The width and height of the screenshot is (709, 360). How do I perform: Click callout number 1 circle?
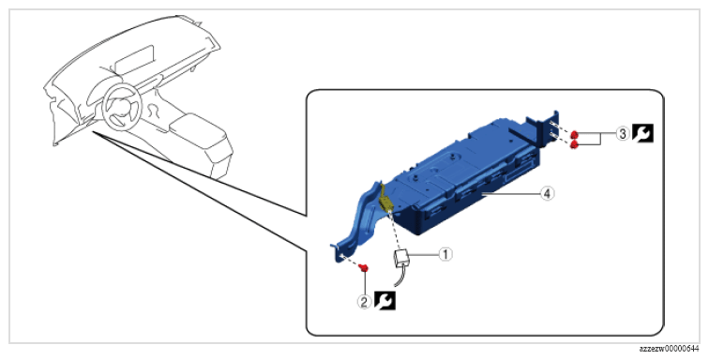coord(445,254)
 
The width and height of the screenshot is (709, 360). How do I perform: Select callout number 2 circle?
coord(365,302)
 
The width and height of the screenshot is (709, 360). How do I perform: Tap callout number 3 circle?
coord(623,134)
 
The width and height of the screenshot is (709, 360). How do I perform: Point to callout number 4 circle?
coord(547,193)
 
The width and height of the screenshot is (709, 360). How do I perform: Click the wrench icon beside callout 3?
coord(642,133)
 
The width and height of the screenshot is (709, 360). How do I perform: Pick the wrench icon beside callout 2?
coord(385,301)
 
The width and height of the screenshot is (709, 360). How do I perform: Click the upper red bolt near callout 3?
coord(574,134)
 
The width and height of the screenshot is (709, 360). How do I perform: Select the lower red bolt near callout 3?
coord(575,144)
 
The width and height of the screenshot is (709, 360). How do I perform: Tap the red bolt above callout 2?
coord(363,268)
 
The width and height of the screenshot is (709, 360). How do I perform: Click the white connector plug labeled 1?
coord(401,258)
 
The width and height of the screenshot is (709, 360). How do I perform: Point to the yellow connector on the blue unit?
coord(385,198)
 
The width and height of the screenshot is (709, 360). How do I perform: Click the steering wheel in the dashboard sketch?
coord(120,106)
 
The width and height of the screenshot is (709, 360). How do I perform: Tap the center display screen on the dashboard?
coord(135,59)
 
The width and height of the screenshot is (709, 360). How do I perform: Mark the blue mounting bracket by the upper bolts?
coord(541,130)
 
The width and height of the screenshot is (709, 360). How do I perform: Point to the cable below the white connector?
coord(400,277)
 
